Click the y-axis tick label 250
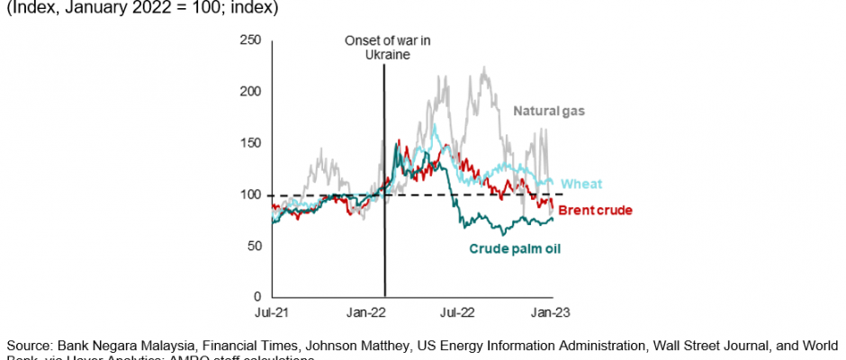click(x=250, y=40)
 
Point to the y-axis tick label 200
click(x=250, y=92)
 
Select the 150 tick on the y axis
click(x=250, y=143)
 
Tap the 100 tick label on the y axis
click(x=250, y=194)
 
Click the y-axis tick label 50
click(x=253, y=246)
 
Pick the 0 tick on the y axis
click(x=256, y=297)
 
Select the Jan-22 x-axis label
click(x=365, y=312)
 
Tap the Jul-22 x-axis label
click(x=457, y=312)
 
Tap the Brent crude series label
click(x=595, y=211)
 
